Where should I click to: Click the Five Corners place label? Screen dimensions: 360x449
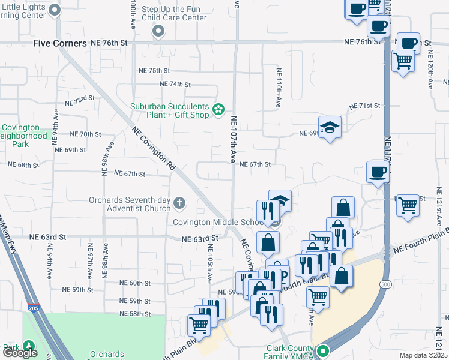click(x=59, y=43)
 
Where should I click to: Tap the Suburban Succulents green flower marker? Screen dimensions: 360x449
click(x=219, y=109)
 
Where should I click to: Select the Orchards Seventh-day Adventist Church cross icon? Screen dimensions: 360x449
click(x=178, y=205)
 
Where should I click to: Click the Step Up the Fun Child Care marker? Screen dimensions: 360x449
click(x=158, y=31)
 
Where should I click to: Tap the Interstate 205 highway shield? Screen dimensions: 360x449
click(x=32, y=308)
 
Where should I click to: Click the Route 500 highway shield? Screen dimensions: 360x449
click(x=385, y=283)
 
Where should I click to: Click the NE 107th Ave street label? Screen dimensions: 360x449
click(x=234, y=139)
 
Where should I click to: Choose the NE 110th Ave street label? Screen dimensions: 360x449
click(x=279, y=88)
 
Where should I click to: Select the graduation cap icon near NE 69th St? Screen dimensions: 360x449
click(x=329, y=127)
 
